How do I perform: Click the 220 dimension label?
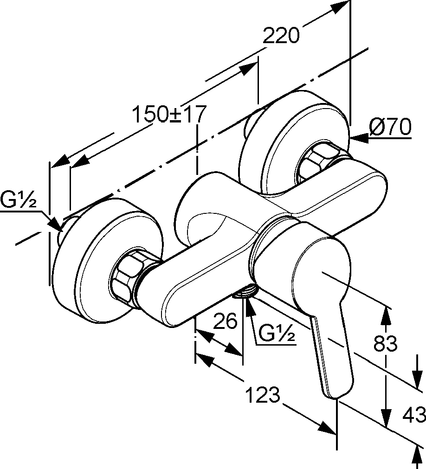(x=281, y=36)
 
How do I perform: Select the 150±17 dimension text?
(x=169, y=114)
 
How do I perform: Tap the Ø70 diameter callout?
(x=390, y=127)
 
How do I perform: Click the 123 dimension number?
(x=263, y=394)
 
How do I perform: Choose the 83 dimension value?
(x=386, y=343)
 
